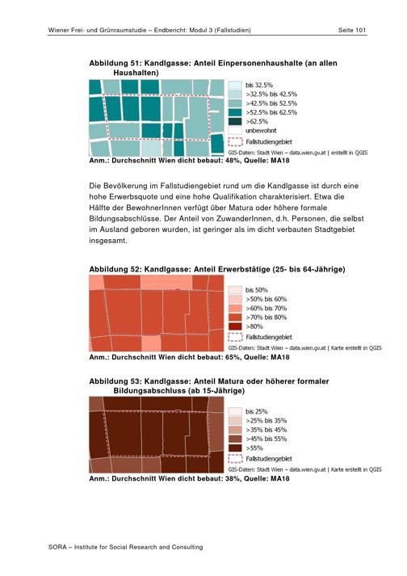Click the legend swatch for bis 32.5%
(235, 85)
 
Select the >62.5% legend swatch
(235, 122)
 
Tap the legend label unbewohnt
(261, 130)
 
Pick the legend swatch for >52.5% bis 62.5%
(235, 112)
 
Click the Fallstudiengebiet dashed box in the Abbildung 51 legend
(235, 142)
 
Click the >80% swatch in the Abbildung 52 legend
(235, 326)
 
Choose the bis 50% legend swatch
(235, 290)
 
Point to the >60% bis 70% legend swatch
(235, 309)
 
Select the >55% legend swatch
(235, 448)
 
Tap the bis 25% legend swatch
(235, 412)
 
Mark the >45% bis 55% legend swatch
(235, 439)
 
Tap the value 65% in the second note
(233, 357)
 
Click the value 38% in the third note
(233, 478)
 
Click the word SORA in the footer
(57, 547)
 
